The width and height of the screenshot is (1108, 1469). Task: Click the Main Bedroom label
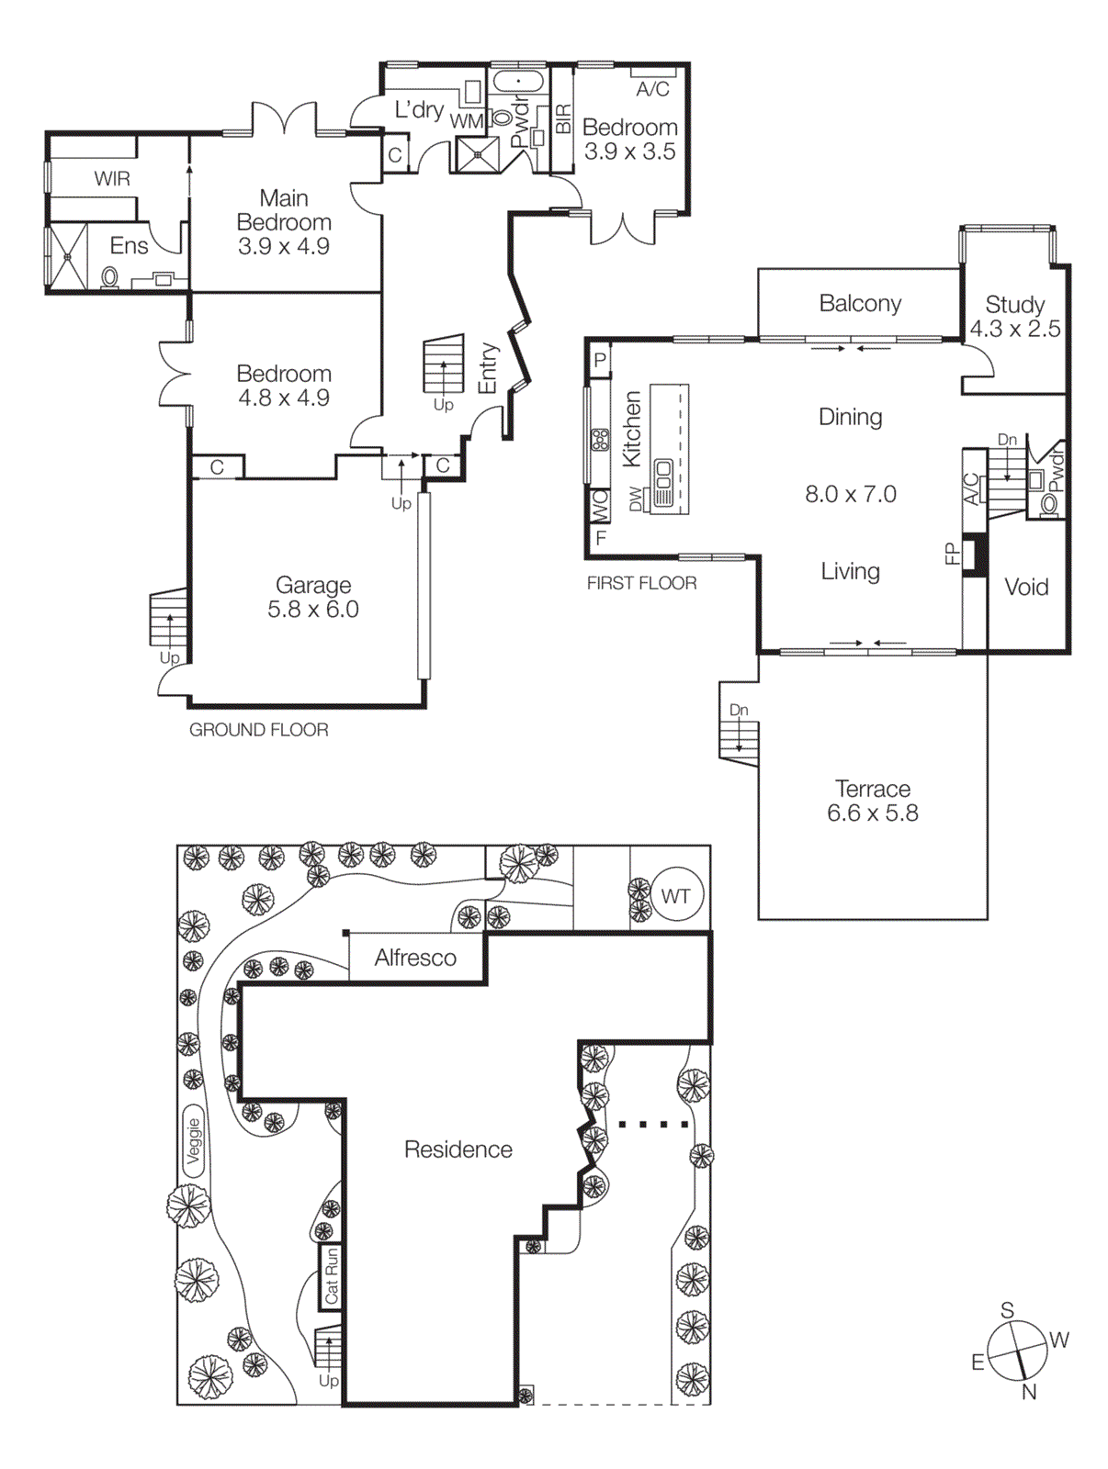[283, 221]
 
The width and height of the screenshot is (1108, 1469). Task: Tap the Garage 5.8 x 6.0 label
[312, 597]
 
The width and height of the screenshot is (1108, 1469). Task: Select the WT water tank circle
[676, 896]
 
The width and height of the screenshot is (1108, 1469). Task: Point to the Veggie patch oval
[193, 1140]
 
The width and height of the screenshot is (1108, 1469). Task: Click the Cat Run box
[331, 1275]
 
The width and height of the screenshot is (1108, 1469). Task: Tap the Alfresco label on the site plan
[415, 958]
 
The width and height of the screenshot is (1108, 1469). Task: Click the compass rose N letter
[1029, 1392]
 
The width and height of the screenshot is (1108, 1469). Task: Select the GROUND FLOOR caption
[258, 730]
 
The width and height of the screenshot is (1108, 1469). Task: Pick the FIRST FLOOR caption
[641, 583]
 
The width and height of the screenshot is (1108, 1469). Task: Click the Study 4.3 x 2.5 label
[1014, 316]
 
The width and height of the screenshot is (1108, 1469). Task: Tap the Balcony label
[860, 303]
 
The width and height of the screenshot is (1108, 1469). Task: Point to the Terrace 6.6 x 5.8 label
[872, 801]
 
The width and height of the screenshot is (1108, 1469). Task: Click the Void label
[1026, 587]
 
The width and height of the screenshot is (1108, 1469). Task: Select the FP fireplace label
[952, 554]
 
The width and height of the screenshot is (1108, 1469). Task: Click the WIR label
[112, 178]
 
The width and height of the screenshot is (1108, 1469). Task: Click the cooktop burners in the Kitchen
[600, 439]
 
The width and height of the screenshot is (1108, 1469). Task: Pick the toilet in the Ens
[109, 276]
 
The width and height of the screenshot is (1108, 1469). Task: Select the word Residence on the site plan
[458, 1149]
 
